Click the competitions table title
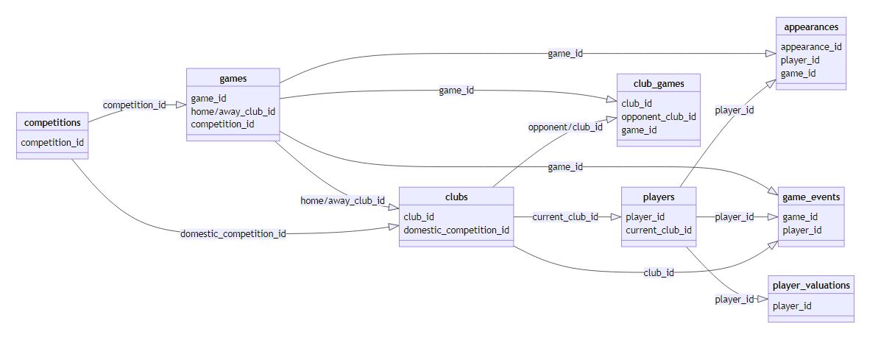[x=53, y=121]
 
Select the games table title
[x=233, y=78]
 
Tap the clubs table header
[x=456, y=197]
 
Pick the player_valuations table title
[x=811, y=285]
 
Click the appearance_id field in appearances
[x=811, y=46]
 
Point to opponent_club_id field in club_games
[x=659, y=117]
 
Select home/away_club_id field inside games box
[x=233, y=111]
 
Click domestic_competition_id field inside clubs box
[x=456, y=230]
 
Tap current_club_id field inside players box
[x=659, y=230]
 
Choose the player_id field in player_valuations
[x=792, y=306]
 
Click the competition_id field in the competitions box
[x=52, y=142]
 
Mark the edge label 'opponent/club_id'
[x=565, y=127]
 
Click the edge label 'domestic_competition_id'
[x=233, y=234]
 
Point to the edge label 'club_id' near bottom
[x=659, y=272]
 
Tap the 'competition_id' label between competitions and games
[x=134, y=105]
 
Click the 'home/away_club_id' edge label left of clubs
[x=343, y=200]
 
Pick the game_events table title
[x=811, y=197]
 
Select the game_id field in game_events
[x=799, y=217]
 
